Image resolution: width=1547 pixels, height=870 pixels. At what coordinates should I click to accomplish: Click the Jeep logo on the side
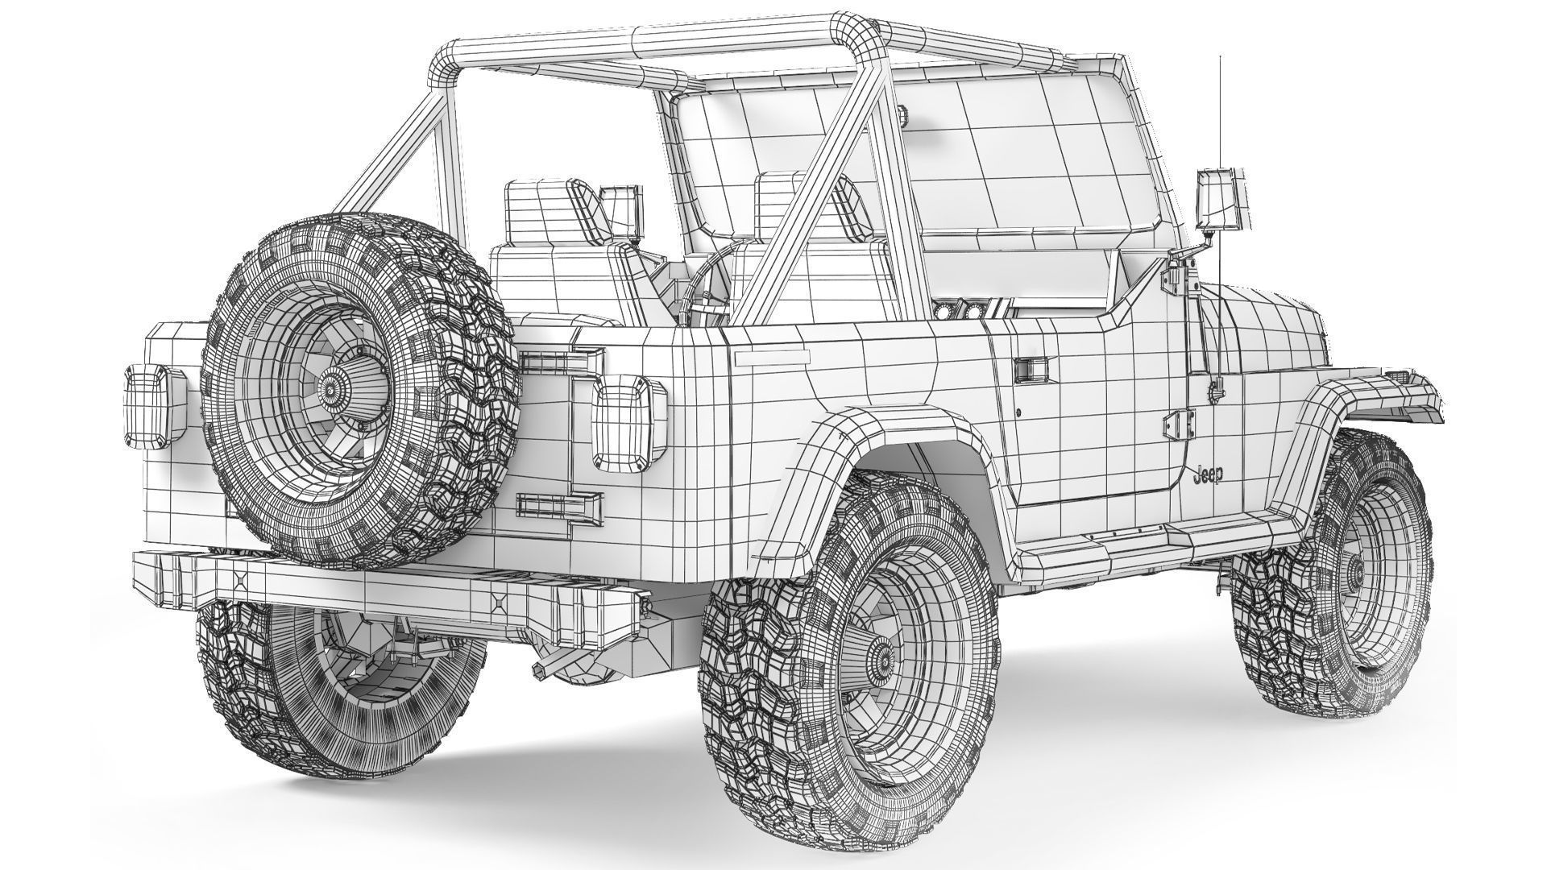[1206, 475]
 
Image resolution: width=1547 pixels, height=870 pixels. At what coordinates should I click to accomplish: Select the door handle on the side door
[1029, 370]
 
